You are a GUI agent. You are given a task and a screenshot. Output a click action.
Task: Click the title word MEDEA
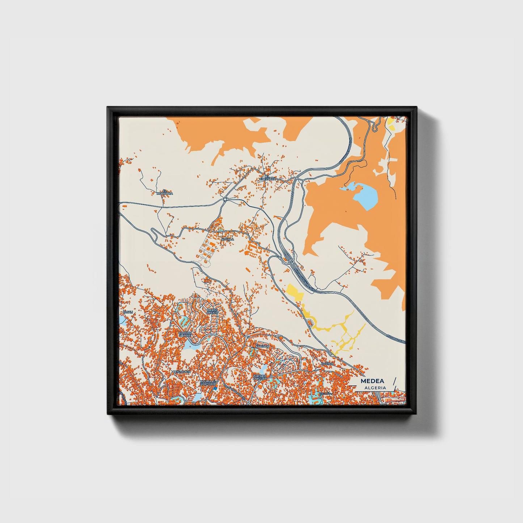tap(372, 381)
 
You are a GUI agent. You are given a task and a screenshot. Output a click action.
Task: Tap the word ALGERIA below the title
tap(375, 388)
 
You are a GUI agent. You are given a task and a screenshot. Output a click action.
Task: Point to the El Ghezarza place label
tap(268, 178)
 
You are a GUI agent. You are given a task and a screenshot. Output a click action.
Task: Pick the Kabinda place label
tap(262, 346)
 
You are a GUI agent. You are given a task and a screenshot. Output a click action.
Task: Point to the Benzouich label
tap(181, 372)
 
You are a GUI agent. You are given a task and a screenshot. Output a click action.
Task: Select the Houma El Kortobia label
tap(208, 383)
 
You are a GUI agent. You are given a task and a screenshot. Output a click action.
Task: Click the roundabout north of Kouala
tap(225, 198)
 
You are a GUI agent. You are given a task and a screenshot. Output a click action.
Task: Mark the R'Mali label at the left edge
tap(128, 312)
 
